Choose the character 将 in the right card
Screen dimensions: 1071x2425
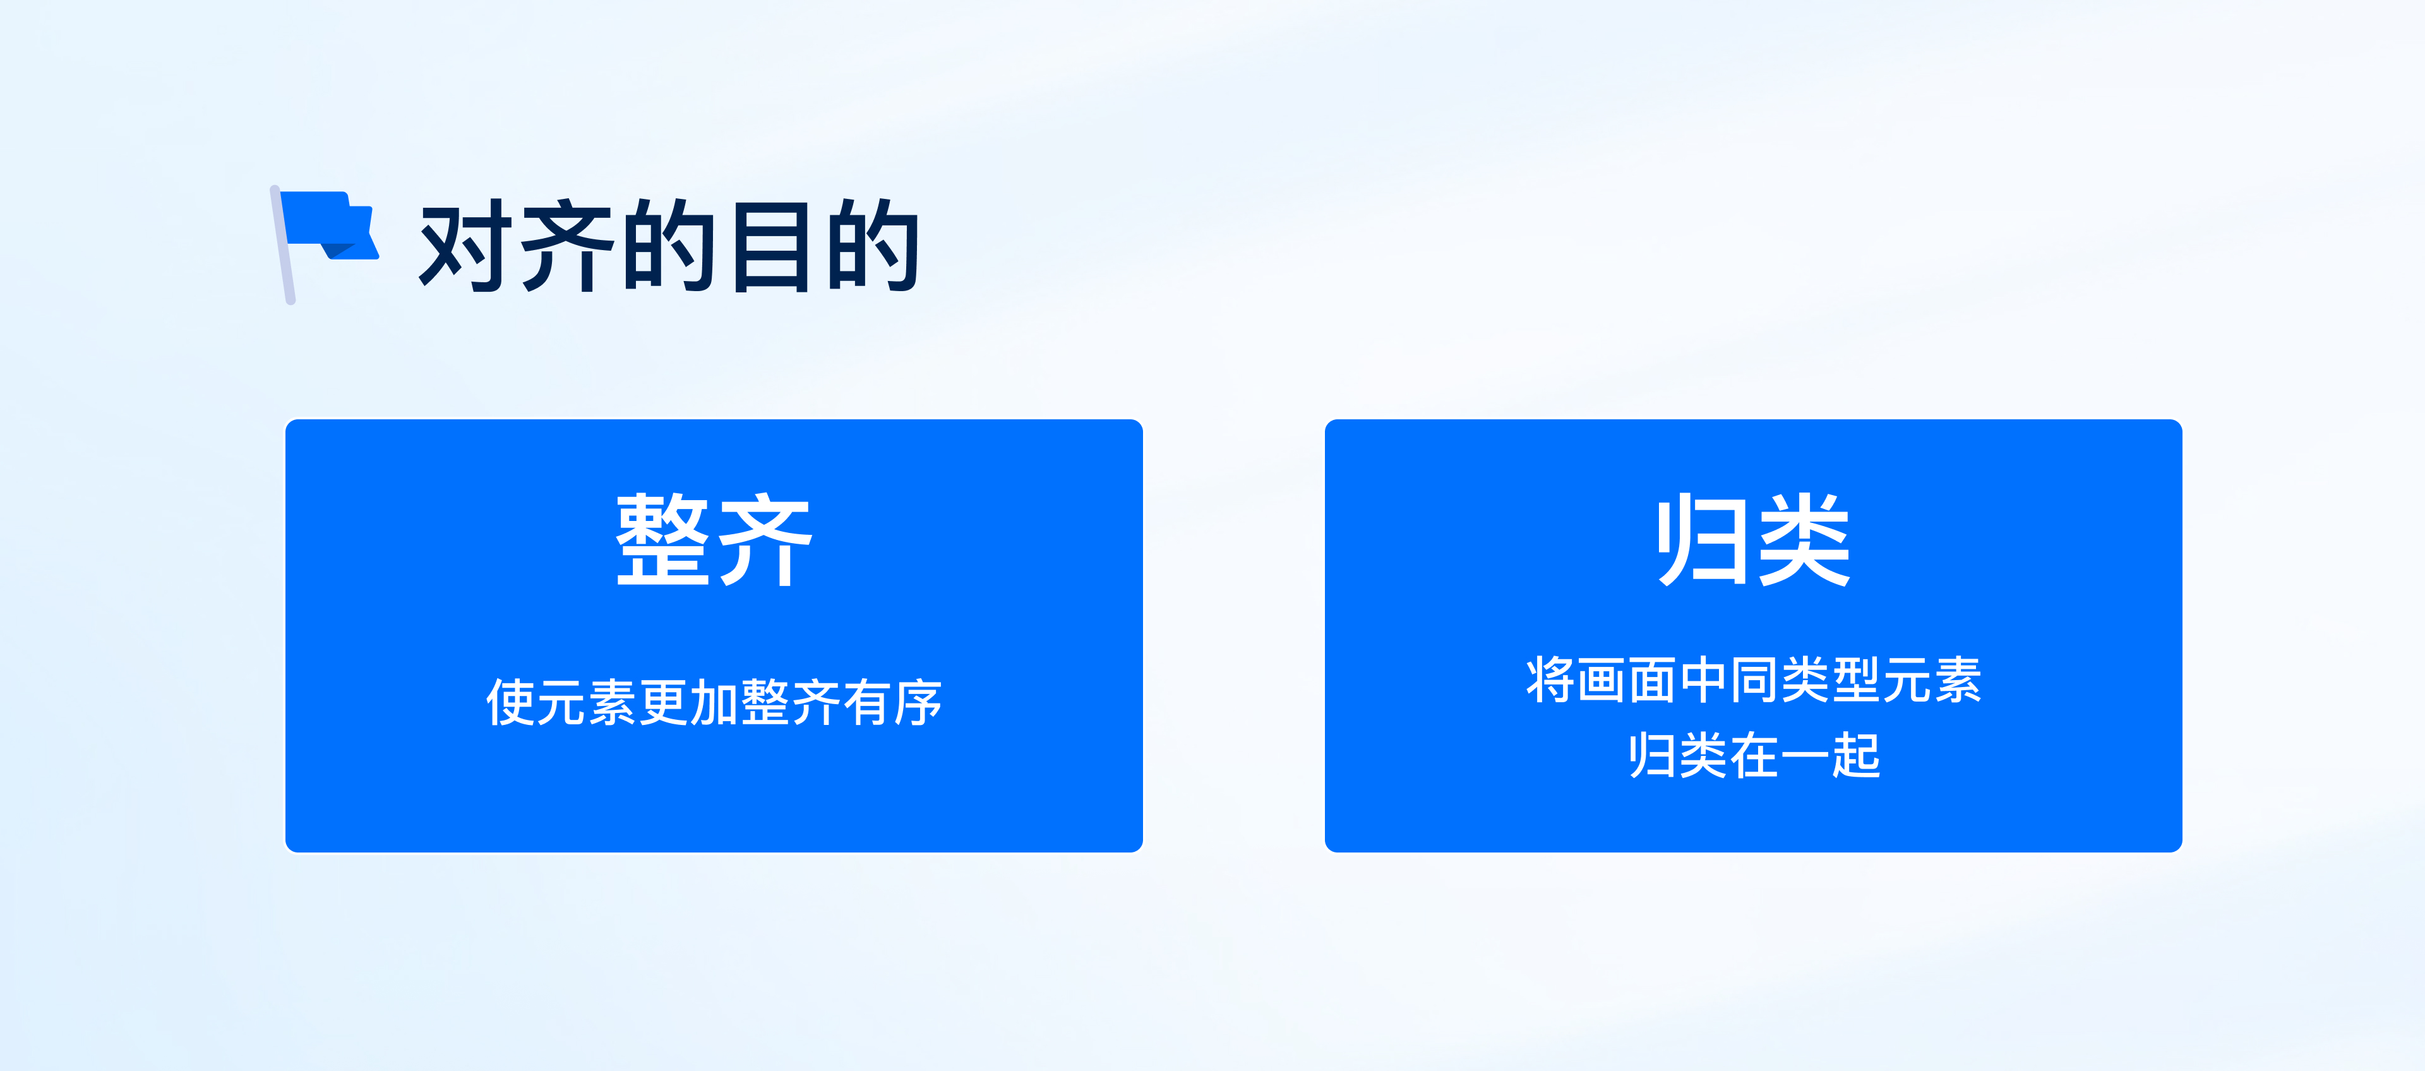(x=1550, y=679)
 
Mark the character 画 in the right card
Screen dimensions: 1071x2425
(x=1602, y=679)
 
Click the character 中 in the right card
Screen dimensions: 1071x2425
(x=1703, y=679)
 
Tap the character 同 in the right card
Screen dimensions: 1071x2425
(x=1754, y=679)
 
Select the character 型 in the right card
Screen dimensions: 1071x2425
(x=1855, y=679)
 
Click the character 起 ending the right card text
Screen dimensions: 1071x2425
(x=1855, y=756)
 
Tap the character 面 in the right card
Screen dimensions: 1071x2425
(x=1652, y=679)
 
